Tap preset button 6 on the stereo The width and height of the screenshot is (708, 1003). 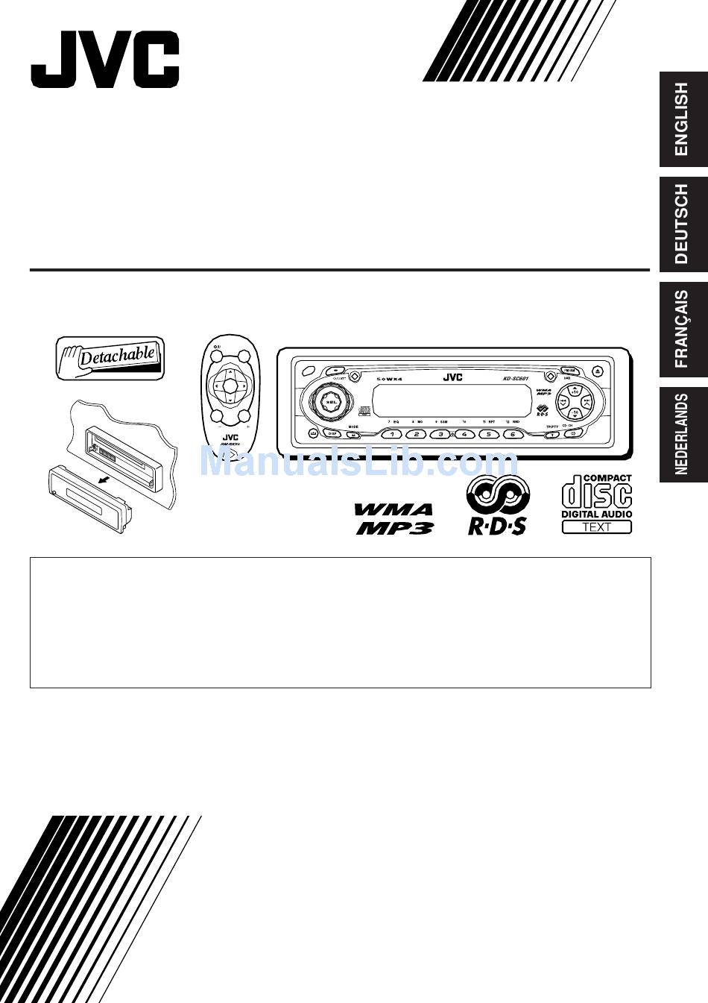pyautogui.click(x=512, y=434)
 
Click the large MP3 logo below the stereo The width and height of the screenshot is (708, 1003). pyautogui.click(x=396, y=527)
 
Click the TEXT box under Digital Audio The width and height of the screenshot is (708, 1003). pyautogui.click(x=596, y=527)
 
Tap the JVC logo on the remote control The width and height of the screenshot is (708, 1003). pyautogui.click(x=230, y=438)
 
